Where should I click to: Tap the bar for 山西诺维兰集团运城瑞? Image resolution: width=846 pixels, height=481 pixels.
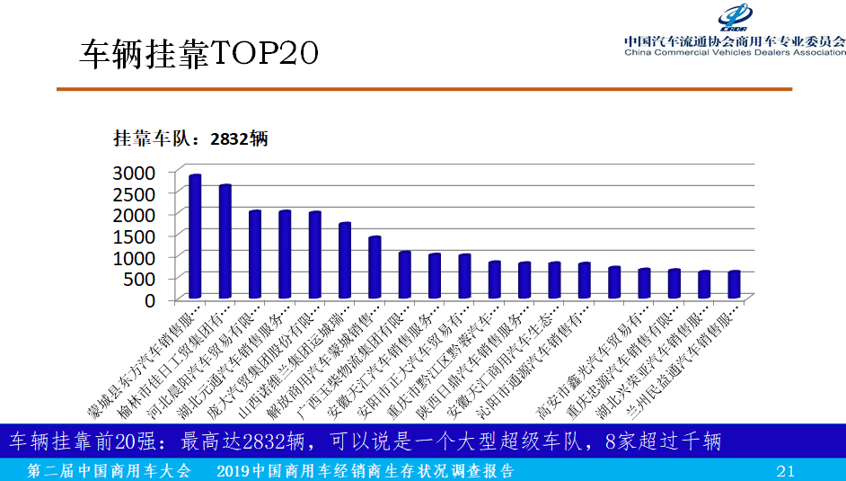[345, 260]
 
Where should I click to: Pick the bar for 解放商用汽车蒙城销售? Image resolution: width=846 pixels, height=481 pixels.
[375, 267]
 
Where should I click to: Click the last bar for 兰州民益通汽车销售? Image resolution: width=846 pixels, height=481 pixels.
[734, 284]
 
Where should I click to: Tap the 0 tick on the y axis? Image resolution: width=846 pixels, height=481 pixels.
[151, 299]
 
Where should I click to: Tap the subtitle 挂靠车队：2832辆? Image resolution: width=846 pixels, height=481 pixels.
[189, 139]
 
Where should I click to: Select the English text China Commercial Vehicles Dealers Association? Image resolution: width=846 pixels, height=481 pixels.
[735, 52]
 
